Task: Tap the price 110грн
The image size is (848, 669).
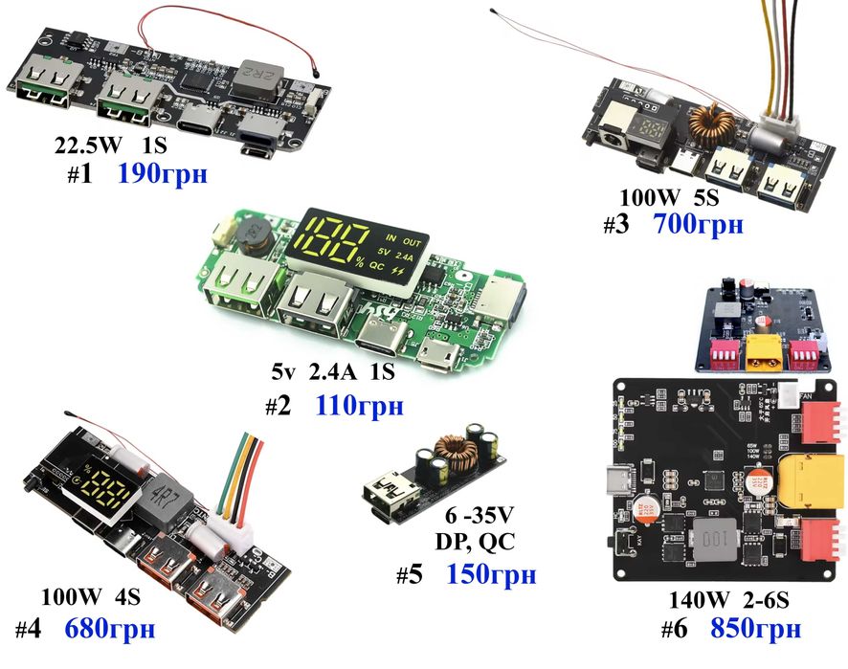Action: pyautogui.click(x=358, y=407)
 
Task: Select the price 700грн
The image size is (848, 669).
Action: pyautogui.click(x=698, y=226)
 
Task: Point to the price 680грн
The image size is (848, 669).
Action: pyautogui.click(x=109, y=631)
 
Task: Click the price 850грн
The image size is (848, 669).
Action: pyautogui.click(x=755, y=629)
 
